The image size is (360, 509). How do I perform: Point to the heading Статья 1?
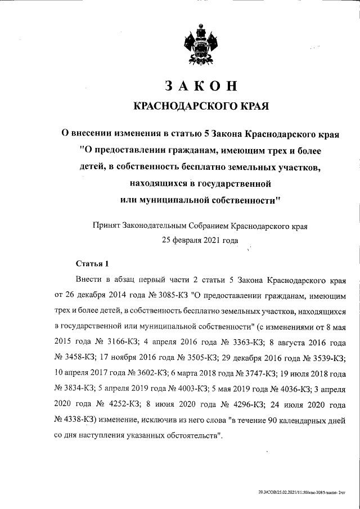pos(92,263)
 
